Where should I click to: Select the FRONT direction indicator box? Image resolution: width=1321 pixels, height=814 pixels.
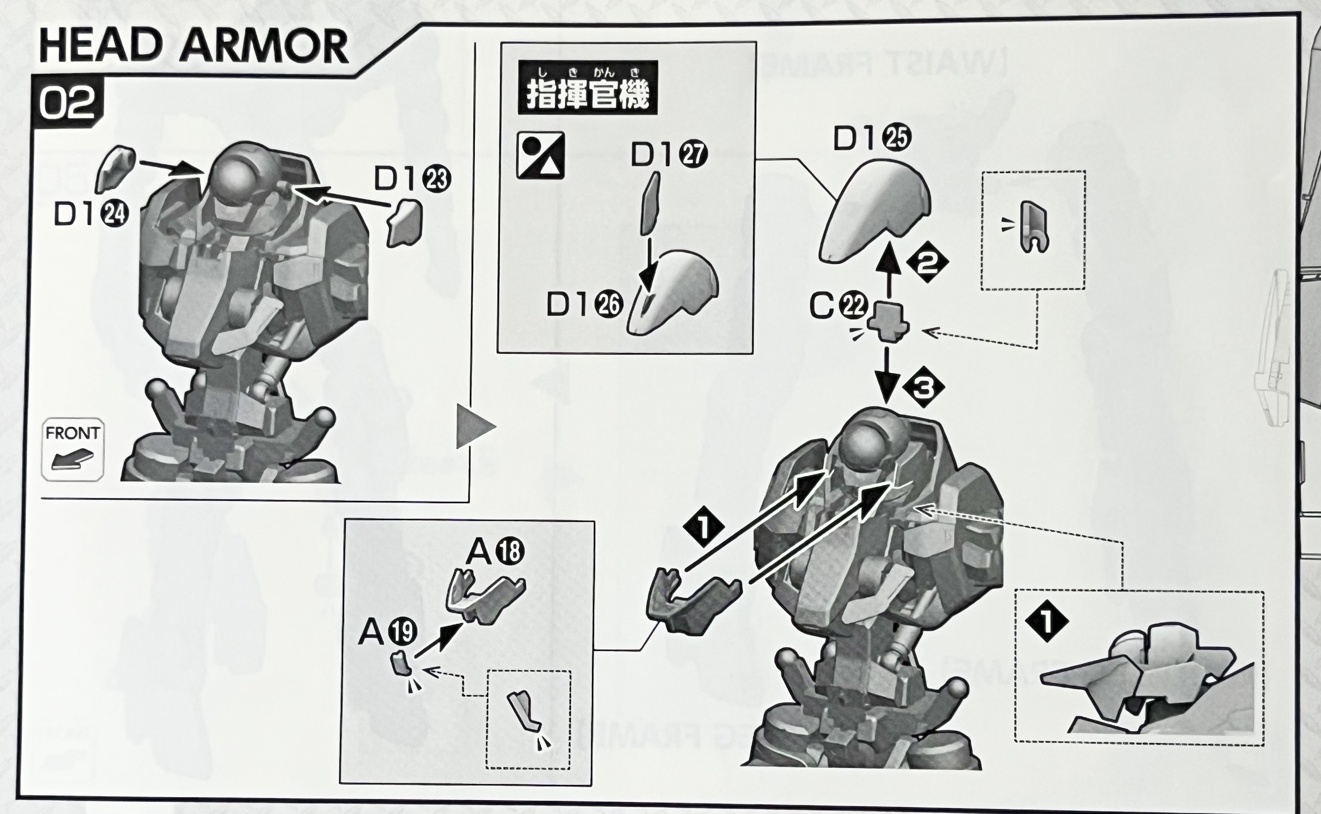[x=73, y=449]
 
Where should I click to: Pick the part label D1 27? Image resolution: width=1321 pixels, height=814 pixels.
[x=669, y=155]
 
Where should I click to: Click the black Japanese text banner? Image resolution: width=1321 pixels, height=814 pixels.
[x=587, y=87]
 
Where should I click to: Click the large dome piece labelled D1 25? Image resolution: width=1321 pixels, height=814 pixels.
[x=875, y=218]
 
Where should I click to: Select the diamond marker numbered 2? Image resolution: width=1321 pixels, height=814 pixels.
[x=927, y=263]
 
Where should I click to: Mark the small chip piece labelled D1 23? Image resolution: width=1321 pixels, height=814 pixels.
[x=405, y=223]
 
